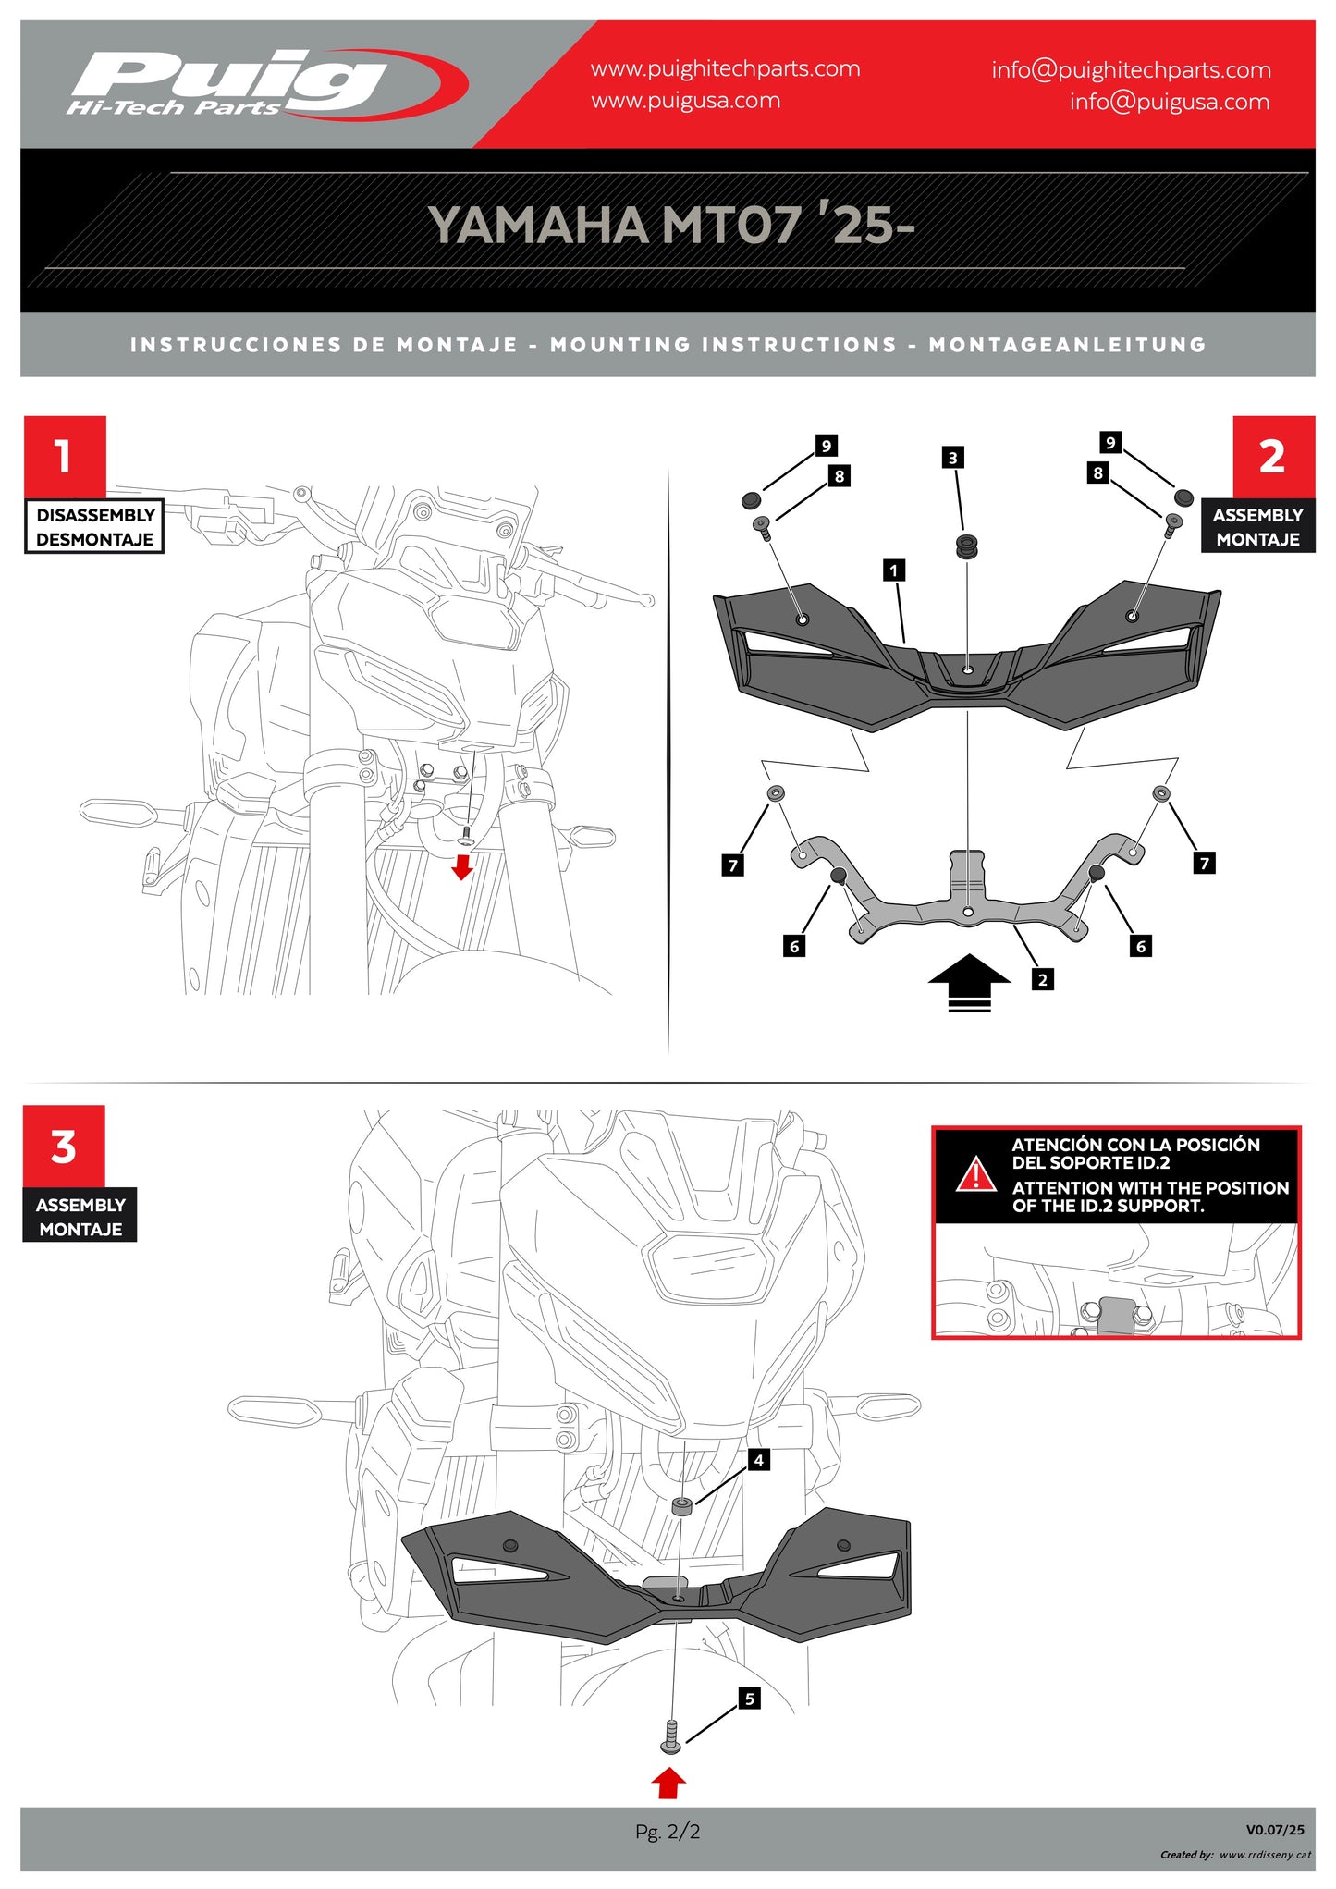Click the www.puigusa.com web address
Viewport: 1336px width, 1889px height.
coord(685,101)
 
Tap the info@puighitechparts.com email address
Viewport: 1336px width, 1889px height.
coord(1130,70)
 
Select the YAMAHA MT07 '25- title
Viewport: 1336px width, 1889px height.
coord(669,225)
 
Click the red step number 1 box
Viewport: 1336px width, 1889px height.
coord(65,457)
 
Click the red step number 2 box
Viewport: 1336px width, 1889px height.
coord(1272,457)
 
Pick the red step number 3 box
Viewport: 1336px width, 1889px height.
coord(64,1147)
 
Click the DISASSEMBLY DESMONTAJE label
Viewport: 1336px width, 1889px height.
coord(94,527)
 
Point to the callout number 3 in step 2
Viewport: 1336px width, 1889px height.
coord(952,458)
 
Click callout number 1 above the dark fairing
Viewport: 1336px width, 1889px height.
coord(893,570)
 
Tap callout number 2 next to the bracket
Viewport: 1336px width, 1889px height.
coord(1042,979)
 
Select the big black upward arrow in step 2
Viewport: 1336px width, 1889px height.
coord(969,982)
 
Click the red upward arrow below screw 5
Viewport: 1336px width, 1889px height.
coord(668,1783)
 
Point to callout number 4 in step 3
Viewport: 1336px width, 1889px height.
coord(758,1460)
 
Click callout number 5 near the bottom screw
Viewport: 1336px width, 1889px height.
coord(749,1699)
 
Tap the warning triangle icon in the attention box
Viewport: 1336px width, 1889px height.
coord(975,1174)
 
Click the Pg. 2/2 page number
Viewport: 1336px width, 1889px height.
coord(668,1831)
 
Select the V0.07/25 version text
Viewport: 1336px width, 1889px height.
coord(1274,1829)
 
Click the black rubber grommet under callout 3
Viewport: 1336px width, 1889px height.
coord(967,546)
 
